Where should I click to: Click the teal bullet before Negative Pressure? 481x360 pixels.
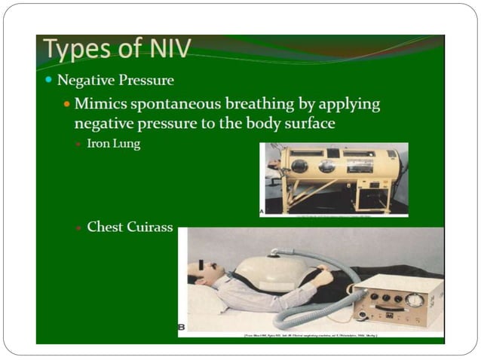(x=49, y=79)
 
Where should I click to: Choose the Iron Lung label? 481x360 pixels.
(x=113, y=143)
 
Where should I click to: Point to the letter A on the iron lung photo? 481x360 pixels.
(x=262, y=212)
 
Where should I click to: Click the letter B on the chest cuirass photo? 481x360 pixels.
(x=182, y=326)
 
